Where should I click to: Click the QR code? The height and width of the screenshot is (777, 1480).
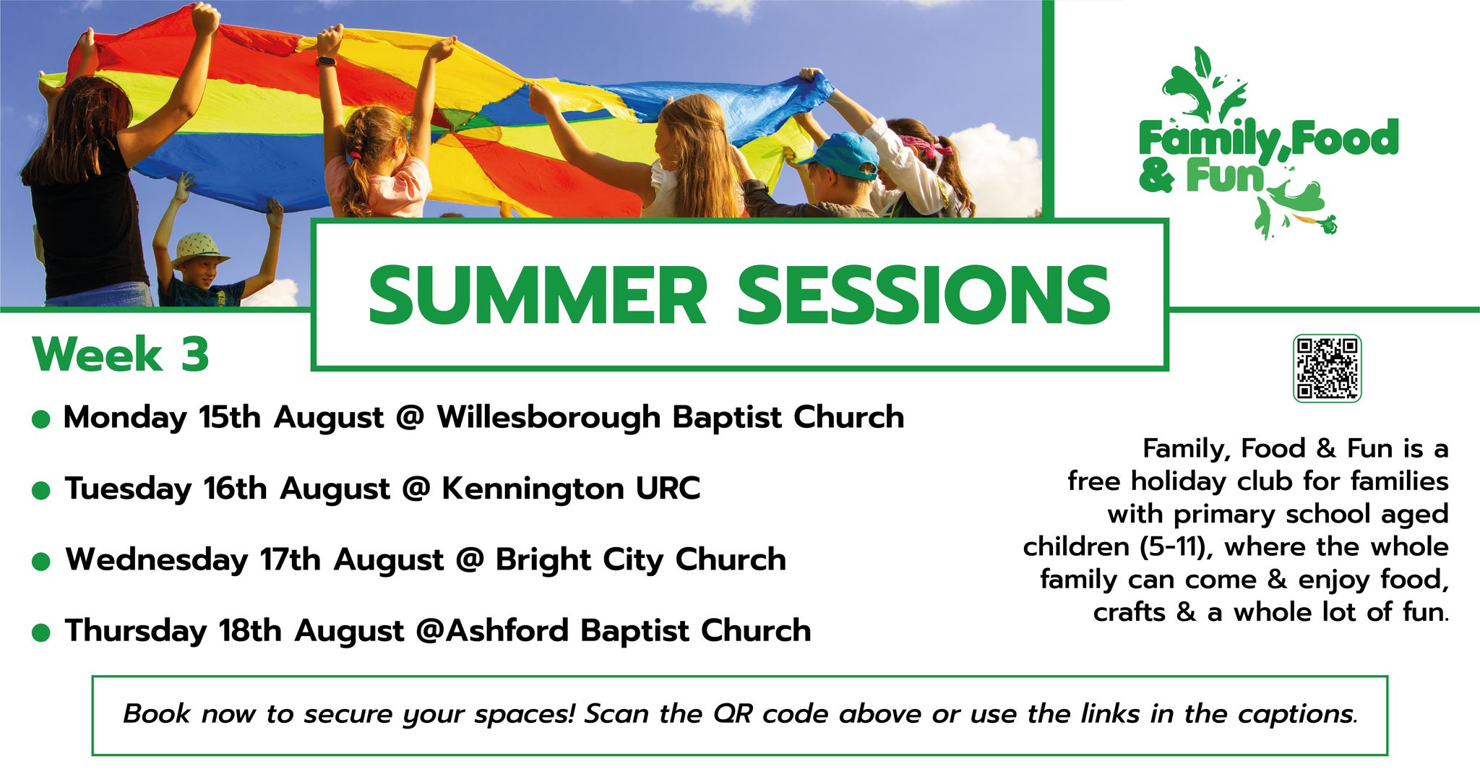coord(1327,368)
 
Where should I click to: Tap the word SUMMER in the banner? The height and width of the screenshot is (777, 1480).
coord(537,296)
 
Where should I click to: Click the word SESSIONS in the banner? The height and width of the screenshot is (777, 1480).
coord(924,296)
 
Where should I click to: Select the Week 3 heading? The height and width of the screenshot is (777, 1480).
coord(121,354)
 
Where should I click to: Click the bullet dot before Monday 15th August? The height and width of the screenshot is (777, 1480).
coord(41,420)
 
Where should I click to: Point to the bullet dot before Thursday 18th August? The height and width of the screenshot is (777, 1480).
coord(41,633)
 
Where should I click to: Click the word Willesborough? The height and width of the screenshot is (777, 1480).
coord(548,418)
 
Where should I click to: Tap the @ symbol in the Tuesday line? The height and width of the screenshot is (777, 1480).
coord(415,489)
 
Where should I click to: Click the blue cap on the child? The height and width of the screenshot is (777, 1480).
coord(838,154)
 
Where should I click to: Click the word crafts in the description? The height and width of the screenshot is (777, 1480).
coord(1130,613)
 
